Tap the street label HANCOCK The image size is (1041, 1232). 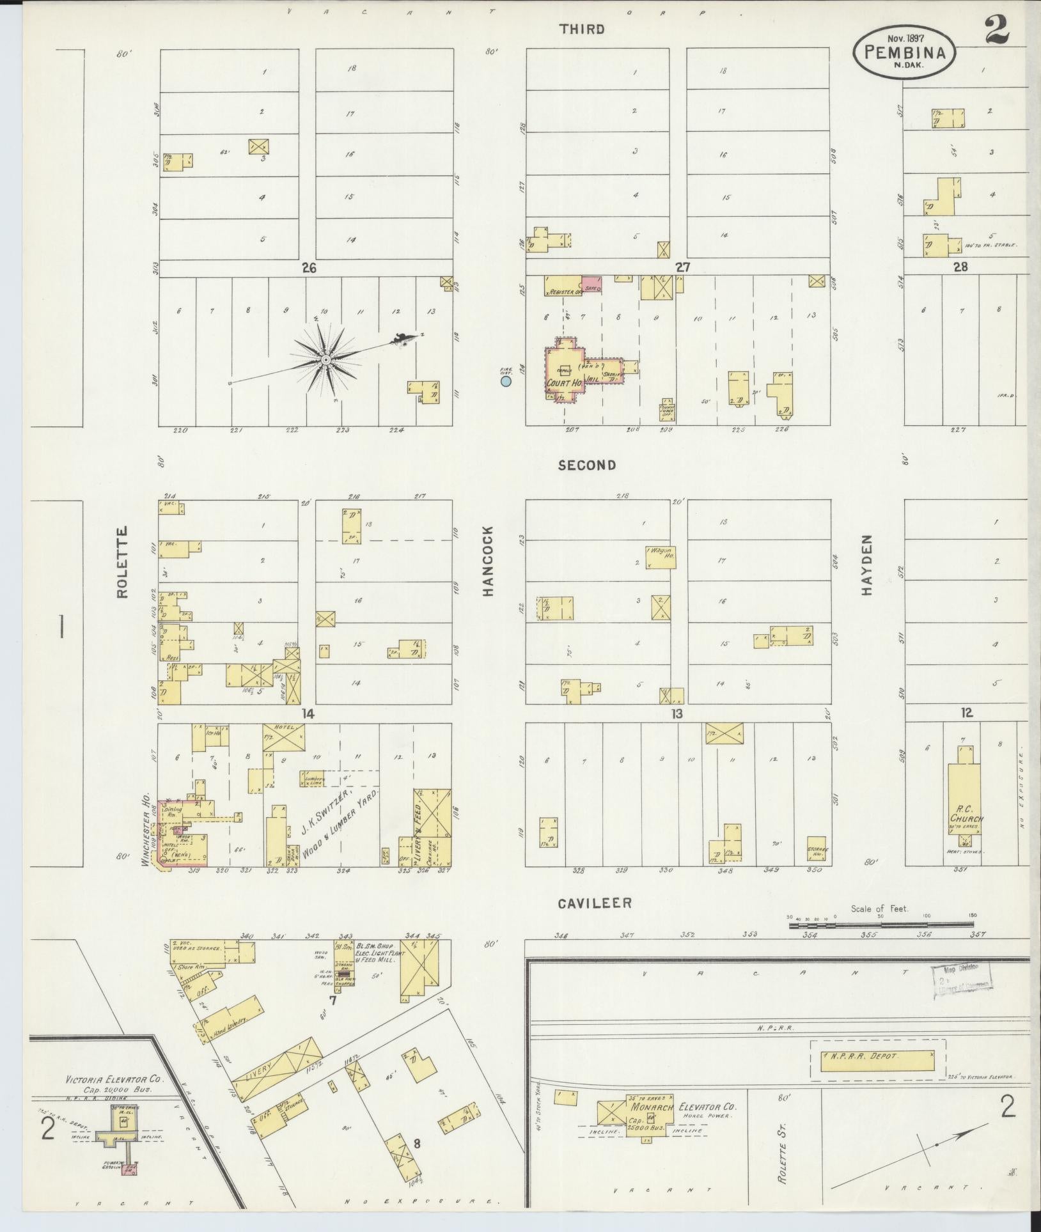(x=489, y=561)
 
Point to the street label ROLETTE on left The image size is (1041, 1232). (x=122, y=561)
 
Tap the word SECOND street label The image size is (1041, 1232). (x=586, y=465)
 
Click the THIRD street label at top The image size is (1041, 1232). (x=581, y=29)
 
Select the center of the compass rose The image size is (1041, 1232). (x=326, y=360)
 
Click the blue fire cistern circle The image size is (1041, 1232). (x=506, y=382)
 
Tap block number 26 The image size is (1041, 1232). (x=309, y=268)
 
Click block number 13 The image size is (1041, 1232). (x=677, y=713)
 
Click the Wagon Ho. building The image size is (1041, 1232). (x=661, y=557)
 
